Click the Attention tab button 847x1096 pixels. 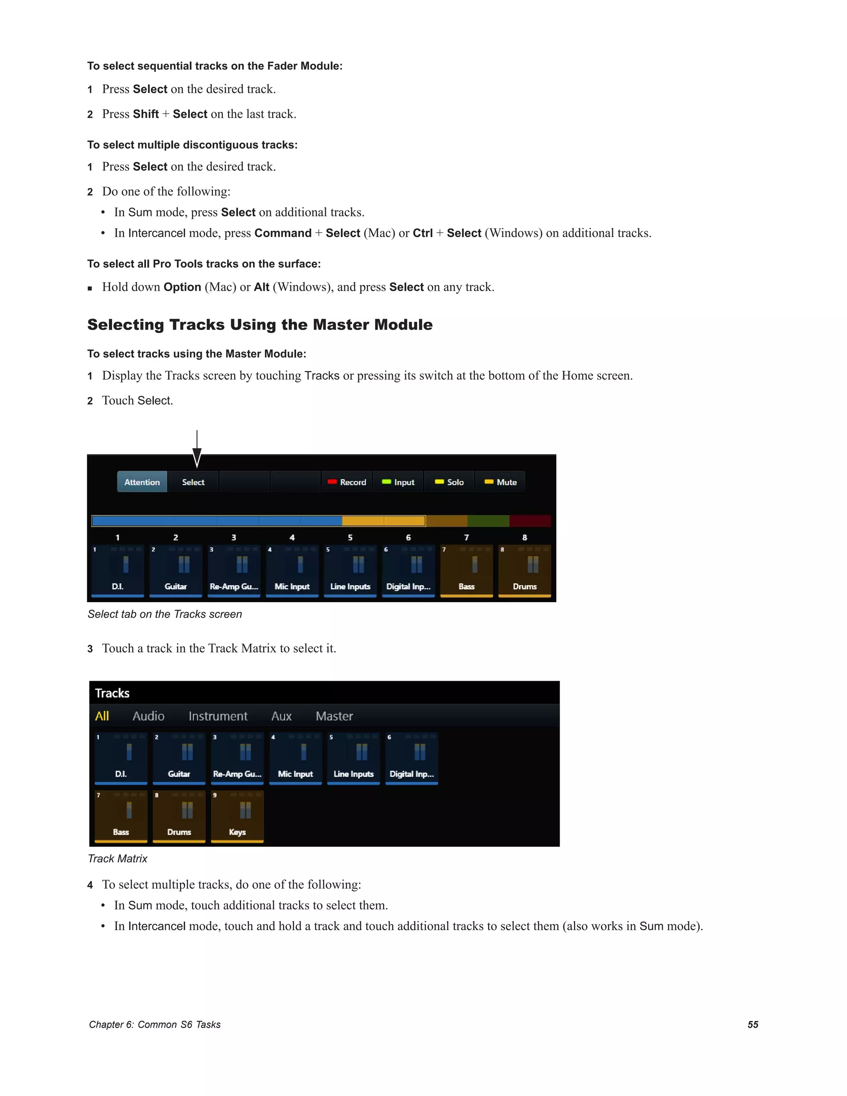click(x=142, y=482)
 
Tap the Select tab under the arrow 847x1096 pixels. click(x=193, y=482)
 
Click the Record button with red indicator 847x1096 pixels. click(x=347, y=482)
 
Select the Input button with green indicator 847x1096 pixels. click(x=398, y=482)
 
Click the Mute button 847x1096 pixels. click(x=500, y=482)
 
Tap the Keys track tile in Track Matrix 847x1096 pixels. click(x=237, y=816)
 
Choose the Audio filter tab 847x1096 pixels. click(x=148, y=716)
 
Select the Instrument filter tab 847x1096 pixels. click(x=218, y=716)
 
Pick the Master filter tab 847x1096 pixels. click(x=334, y=716)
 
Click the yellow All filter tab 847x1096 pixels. click(x=102, y=716)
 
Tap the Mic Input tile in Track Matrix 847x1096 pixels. click(x=295, y=758)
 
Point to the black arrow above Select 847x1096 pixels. click(x=197, y=449)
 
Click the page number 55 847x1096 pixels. click(x=753, y=1024)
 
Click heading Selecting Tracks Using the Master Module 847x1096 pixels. click(x=259, y=325)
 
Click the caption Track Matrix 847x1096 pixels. click(x=117, y=859)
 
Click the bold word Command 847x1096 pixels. click(x=282, y=233)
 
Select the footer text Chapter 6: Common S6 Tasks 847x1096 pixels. click(x=155, y=1024)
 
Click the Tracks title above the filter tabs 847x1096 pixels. click(x=112, y=693)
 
